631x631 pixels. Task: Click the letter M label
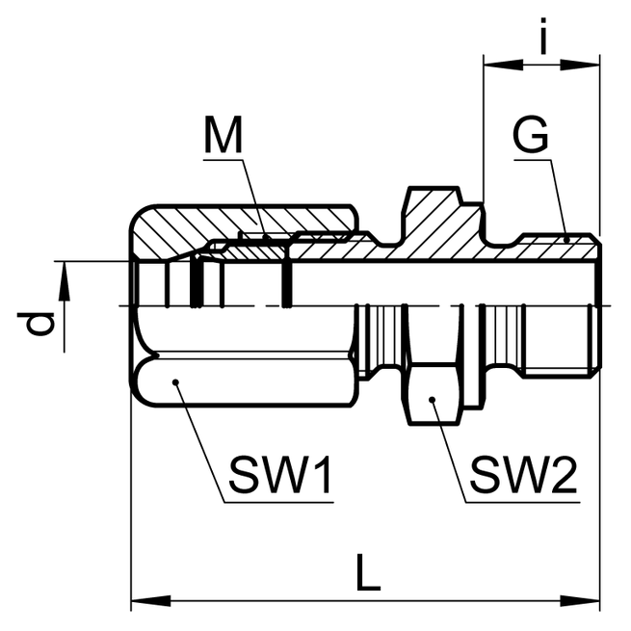[224, 137]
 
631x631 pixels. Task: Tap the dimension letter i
[544, 39]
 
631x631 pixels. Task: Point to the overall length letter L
[367, 574]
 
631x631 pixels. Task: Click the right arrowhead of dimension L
[589, 601]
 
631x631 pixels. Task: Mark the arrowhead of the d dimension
[66, 275]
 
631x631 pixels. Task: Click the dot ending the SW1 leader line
[177, 383]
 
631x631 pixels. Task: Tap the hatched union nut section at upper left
[241, 223]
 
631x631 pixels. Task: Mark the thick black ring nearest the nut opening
[197, 281]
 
